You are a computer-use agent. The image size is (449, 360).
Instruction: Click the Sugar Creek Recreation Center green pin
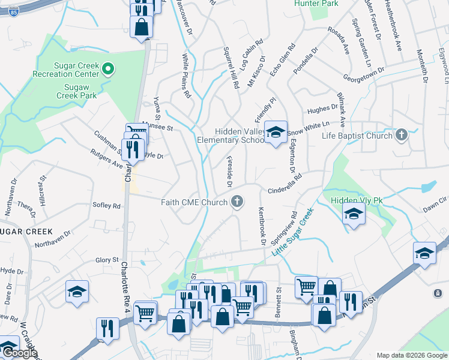[x=108, y=70]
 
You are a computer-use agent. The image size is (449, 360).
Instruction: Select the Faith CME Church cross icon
[x=238, y=202]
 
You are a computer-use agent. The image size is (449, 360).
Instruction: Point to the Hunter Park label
[x=316, y=4]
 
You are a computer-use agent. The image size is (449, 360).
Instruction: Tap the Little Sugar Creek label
[x=293, y=233]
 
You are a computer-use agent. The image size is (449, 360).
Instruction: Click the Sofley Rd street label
[x=107, y=205]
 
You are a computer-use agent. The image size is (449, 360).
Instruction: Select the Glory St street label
[x=107, y=259]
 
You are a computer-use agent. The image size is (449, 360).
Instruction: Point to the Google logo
[x=19, y=353]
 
